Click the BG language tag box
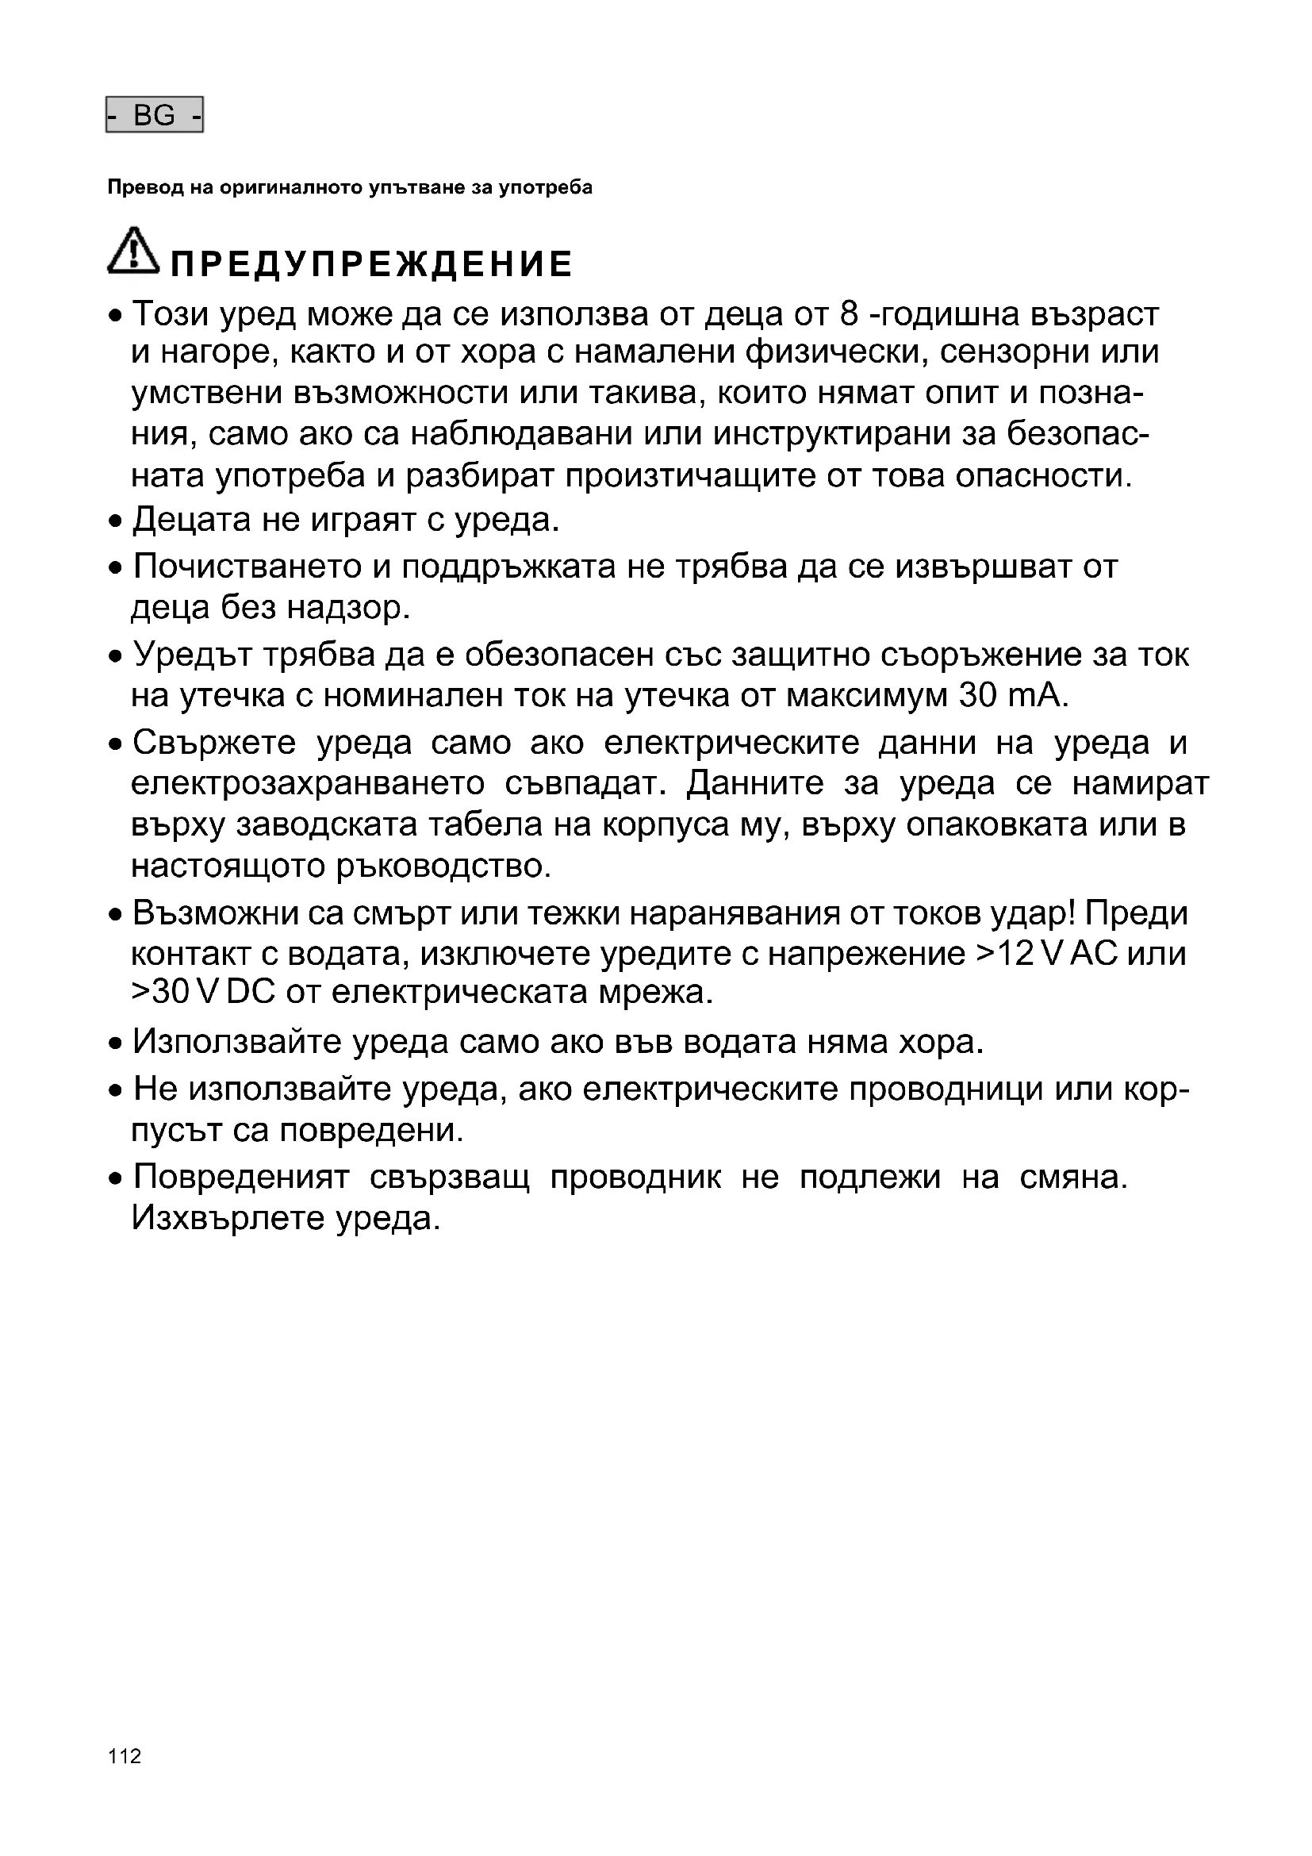(155, 115)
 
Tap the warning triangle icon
(132, 250)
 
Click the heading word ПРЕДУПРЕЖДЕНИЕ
(371, 264)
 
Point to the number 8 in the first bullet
(848, 313)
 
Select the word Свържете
(214, 743)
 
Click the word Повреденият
(241, 1177)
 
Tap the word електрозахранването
(308, 783)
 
